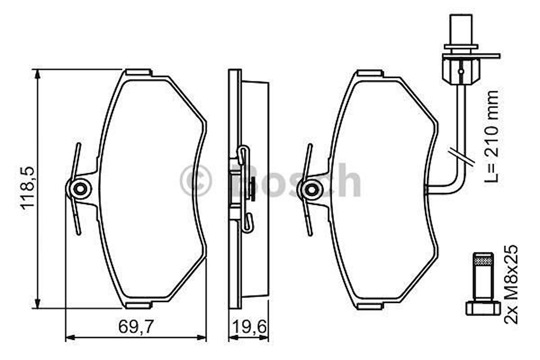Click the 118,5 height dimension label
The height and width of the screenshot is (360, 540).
point(28,188)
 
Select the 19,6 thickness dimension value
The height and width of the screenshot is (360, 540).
point(248,327)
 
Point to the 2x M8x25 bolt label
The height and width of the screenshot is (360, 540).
point(511,284)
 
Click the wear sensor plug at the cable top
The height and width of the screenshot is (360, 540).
point(461,30)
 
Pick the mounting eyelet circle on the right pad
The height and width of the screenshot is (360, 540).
point(313,188)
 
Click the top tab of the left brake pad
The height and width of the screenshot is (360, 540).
point(138,72)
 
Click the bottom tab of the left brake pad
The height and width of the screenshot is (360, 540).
point(138,305)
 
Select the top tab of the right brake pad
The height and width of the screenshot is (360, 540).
point(370,73)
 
